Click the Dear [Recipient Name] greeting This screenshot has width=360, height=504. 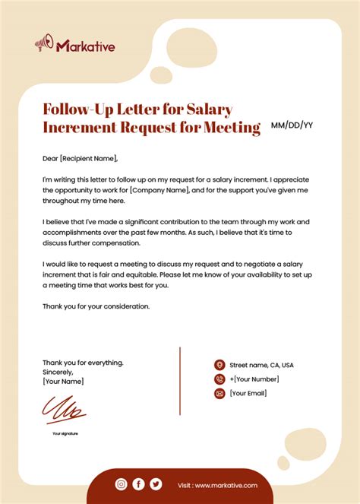tap(81, 158)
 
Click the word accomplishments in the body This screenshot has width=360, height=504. tap(77, 233)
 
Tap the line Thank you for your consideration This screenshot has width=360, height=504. tap(96, 306)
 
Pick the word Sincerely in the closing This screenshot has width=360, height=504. tap(58, 372)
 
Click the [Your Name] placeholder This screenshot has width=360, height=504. tap(63, 381)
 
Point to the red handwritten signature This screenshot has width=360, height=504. tap(65, 410)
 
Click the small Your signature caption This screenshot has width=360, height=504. tap(65, 433)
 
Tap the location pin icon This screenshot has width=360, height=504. tap(219, 365)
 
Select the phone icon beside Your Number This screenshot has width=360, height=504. tap(219, 379)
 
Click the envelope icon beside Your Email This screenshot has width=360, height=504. tap(219, 393)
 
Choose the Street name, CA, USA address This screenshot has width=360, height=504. tap(261, 365)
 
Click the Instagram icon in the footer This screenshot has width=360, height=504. tap(121, 484)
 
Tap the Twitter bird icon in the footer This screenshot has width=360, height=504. tap(156, 484)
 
